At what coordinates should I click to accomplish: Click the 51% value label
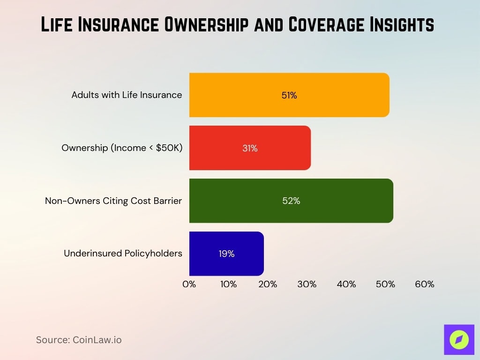[289, 95]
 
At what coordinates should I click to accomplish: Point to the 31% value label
[250, 148]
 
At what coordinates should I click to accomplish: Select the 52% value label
[291, 201]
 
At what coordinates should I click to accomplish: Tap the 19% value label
[226, 254]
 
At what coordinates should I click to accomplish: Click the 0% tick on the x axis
[189, 284]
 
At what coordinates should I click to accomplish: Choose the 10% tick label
[228, 284]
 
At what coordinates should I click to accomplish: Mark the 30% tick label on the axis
[307, 284]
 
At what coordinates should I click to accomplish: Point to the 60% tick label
[425, 284]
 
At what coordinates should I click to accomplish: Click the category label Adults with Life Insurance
[127, 95]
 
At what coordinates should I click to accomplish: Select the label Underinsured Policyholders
[123, 254]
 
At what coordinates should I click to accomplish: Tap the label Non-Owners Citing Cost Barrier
[113, 201]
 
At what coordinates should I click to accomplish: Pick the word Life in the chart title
[58, 25]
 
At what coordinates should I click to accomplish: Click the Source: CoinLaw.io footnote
[79, 340]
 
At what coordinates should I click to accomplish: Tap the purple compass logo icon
[459, 339]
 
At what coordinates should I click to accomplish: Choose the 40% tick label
[346, 284]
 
